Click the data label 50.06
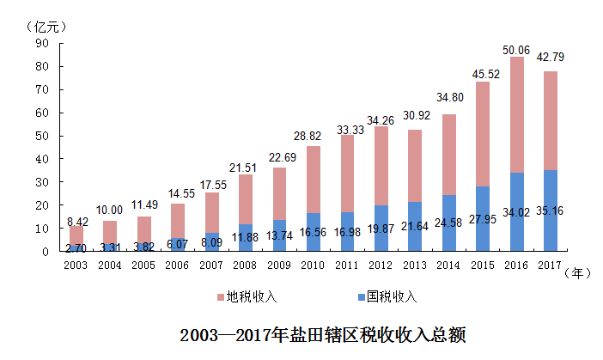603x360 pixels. tap(517, 51)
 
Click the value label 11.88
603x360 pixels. tap(246, 237)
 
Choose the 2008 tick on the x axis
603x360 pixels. tap(246, 265)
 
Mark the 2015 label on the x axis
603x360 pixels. tap(484, 265)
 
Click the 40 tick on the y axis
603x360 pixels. tap(41, 159)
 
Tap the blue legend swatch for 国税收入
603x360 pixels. tap(360, 297)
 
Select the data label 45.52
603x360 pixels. tap(484, 72)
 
